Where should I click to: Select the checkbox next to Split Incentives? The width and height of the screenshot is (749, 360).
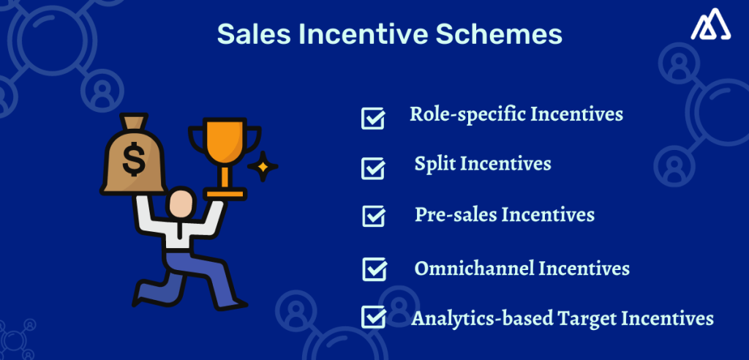[x=373, y=168]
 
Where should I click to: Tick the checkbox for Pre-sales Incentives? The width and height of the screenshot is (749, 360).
[x=374, y=217]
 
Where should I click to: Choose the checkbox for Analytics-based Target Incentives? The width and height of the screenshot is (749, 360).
[x=374, y=317]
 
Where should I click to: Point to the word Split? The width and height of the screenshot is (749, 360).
[x=434, y=163]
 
